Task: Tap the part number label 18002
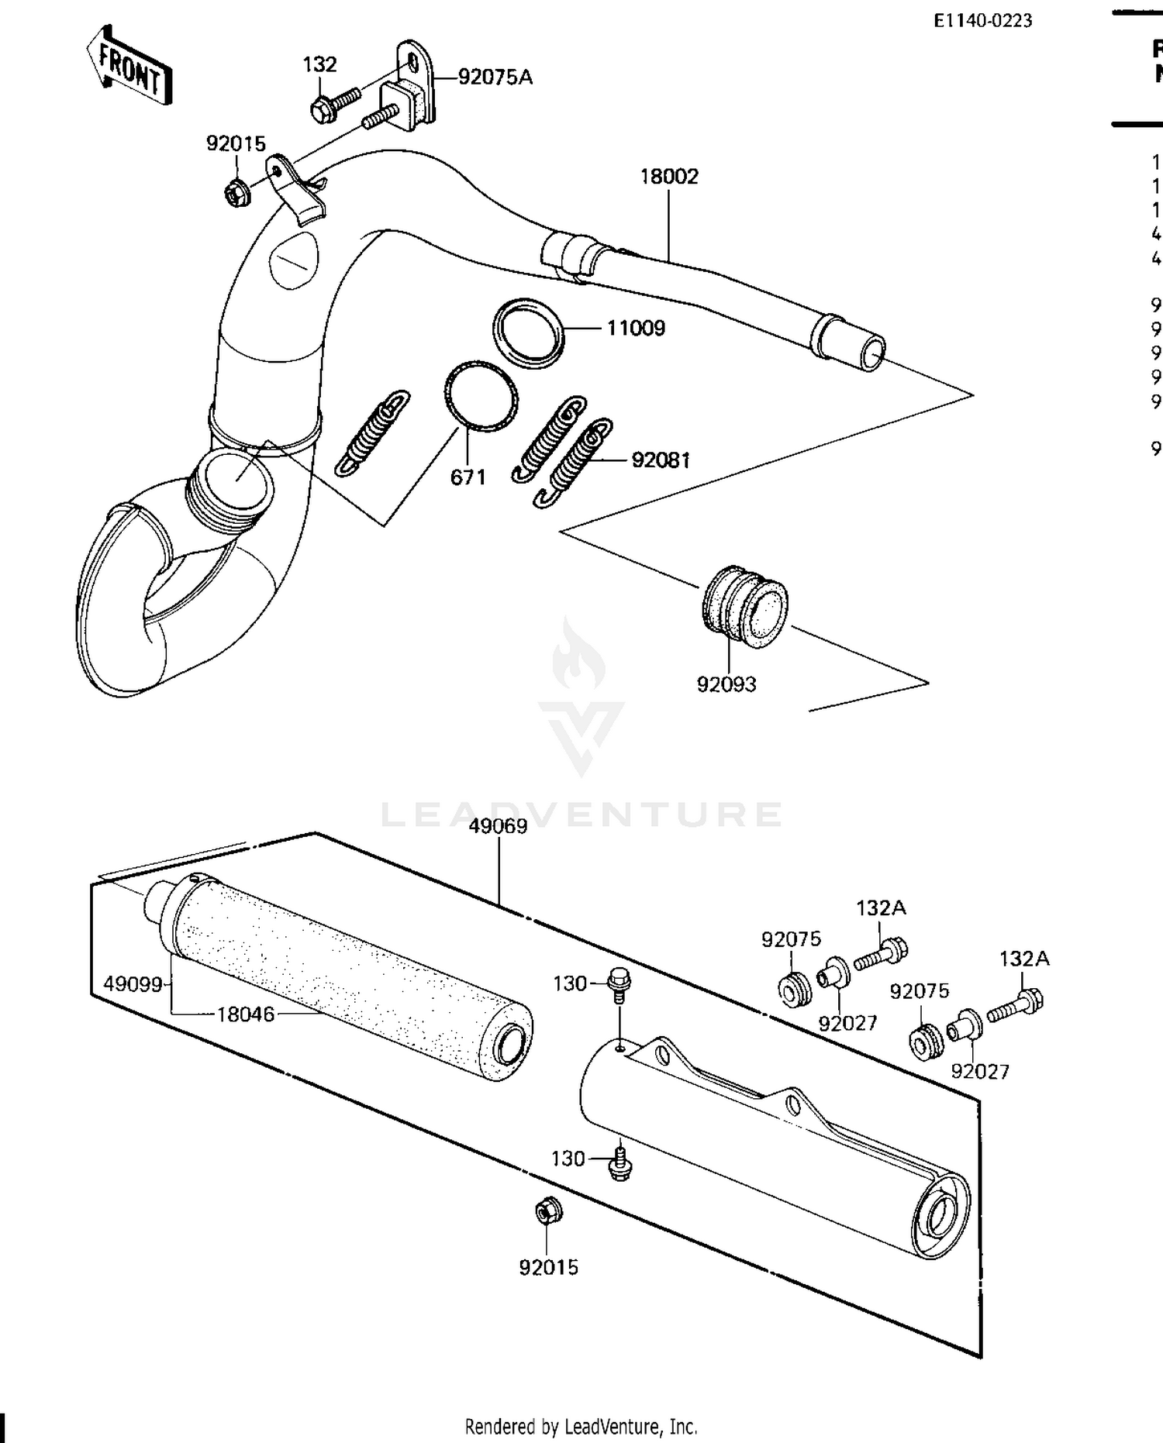(x=668, y=177)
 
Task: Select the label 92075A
(x=495, y=77)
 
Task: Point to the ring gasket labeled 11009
(x=527, y=332)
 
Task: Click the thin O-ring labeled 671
(x=481, y=395)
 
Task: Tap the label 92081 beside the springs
(x=661, y=460)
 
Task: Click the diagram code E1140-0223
(x=982, y=21)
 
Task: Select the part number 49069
(x=498, y=826)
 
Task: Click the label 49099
(x=133, y=984)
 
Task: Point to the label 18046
(x=246, y=1014)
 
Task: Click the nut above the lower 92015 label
(x=548, y=1211)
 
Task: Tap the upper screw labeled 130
(x=618, y=981)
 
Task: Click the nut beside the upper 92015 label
(x=235, y=192)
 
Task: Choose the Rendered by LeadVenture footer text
(x=581, y=1426)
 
